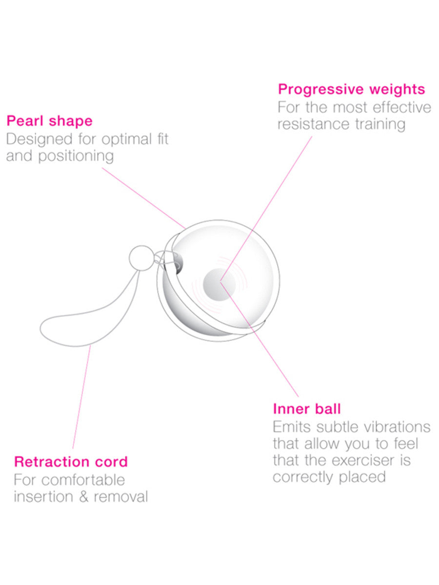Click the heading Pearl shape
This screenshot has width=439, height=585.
pos(49,121)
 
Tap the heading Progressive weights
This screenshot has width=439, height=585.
pos(351,90)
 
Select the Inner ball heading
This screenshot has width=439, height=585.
pos(307,409)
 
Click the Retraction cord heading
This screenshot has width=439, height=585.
pos(71,461)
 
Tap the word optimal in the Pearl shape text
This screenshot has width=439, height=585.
pos(121,139)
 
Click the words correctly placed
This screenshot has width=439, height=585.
pos(329,477)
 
